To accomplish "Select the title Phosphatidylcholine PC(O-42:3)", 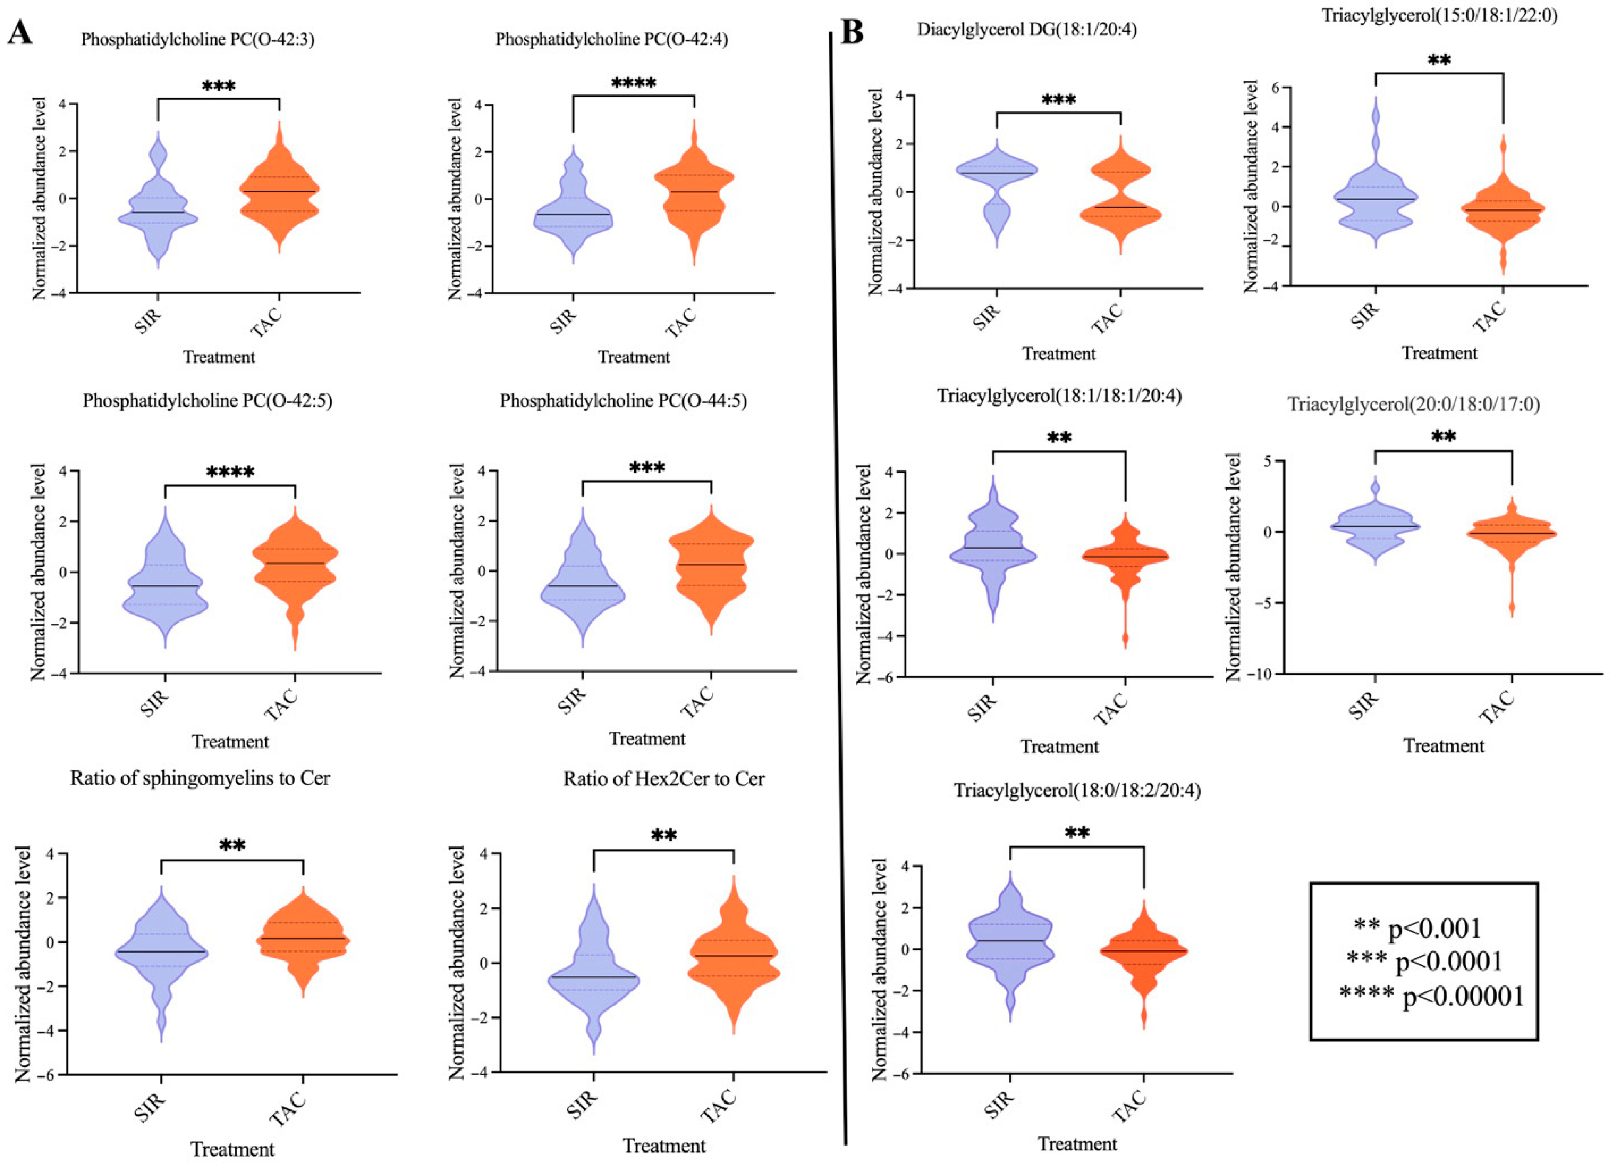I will point(198,39).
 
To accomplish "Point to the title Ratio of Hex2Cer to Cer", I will point(664,779).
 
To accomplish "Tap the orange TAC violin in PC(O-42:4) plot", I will point(693,192).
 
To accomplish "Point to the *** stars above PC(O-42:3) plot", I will point(218,87).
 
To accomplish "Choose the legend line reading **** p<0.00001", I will point(1431,996).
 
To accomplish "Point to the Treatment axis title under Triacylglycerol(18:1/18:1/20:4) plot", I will point(1059,747).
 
